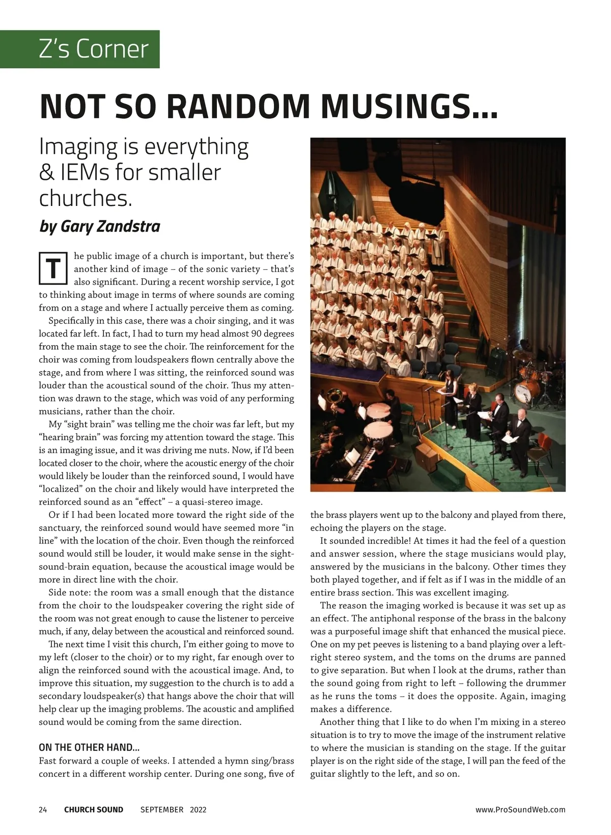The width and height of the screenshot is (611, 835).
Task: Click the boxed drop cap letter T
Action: click(53, 269)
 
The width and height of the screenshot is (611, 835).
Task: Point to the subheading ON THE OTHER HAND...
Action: click(89, 748)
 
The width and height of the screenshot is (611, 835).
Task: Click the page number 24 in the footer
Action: click(43, 810)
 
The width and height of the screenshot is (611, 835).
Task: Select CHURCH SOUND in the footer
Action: click(94, 810)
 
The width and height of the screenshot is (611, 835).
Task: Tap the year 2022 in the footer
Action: click(198, 810)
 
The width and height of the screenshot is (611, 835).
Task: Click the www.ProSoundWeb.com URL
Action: click(520, 810)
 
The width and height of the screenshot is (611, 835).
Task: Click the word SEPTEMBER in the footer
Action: click(162, 810)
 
